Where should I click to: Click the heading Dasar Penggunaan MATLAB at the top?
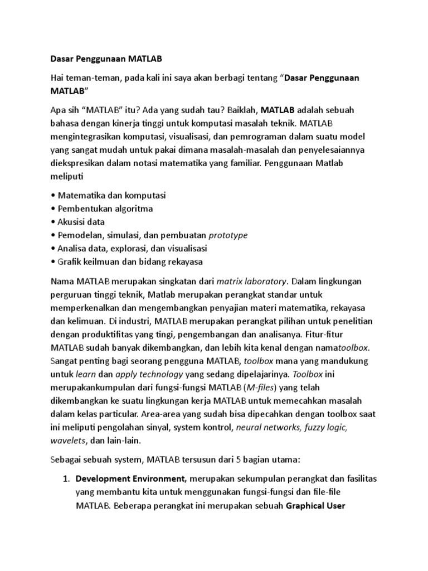click(105, 57)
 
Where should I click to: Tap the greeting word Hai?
click(59, 78)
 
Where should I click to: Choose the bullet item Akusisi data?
click(81, 222)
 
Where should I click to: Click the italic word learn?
click(81, 375)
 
